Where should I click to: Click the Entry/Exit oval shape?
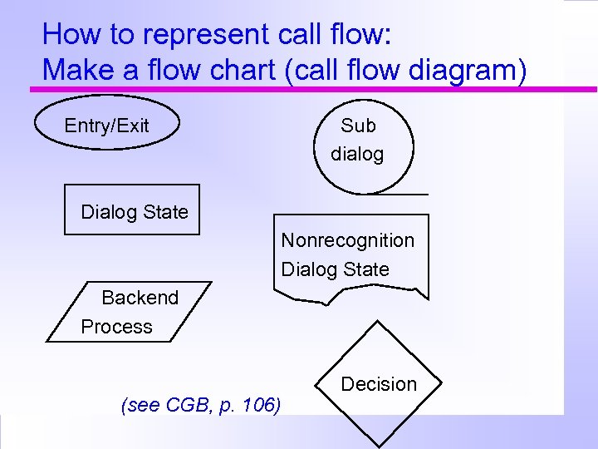pyautogui.click(x=106, y=125)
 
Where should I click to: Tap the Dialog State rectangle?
pyautogui.click(x=132, y=210)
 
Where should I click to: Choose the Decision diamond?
pyautogui.click(x=379, y=384)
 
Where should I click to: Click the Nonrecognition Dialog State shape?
pyautogui.click(x=351, y=255)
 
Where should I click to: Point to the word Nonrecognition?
pyautogui.click(x=347, y=240)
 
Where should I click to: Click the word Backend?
pyautogui.click(x=140, y=298)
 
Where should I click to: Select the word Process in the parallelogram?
pyautogui.click(x=116, y=327)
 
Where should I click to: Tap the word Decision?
pyautogui.click(x=379, y=384)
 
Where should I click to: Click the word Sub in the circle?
pyautogui.click(x=358, y=126)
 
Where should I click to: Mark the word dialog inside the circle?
pyautogui.click(x=357, y=154)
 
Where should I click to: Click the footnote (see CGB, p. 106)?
pyautogui.click(x=201, y=406)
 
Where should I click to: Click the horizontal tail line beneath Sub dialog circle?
pyautogui.click(x=407, y=195)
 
